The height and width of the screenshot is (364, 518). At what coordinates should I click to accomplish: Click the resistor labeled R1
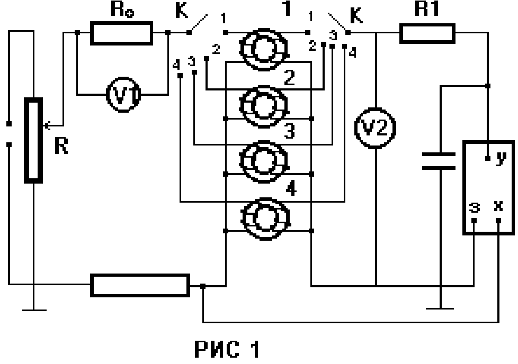[x=427, y=33]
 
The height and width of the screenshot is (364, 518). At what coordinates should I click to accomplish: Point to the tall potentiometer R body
[x=33, y=140]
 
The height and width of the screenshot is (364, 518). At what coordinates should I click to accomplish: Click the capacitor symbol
[x=439, y=161]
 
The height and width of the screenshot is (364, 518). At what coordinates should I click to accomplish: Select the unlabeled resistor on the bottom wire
[x=140, y=285]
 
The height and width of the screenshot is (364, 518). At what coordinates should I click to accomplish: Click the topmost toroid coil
[x=264, y=49]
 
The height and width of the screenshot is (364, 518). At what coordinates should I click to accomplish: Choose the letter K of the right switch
[x=357, y=15]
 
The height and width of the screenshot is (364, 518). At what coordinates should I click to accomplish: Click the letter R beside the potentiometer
[x=62, y=147]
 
